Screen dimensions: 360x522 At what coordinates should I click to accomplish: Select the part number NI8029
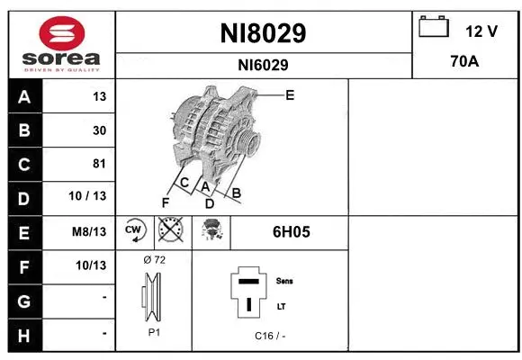coord(263,33)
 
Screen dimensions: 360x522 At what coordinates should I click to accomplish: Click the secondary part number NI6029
coord(263,65)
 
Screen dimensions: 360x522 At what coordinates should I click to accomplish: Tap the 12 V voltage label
coord(481,31)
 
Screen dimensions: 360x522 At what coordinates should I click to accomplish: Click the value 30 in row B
coord(99,130)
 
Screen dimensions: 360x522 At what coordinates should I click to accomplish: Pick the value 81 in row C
coord(99,164)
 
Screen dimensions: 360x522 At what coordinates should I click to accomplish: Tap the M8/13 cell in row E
coord(89,231)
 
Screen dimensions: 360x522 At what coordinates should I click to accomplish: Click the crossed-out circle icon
coord(170,232)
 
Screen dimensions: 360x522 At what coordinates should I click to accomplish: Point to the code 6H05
coord(291,232)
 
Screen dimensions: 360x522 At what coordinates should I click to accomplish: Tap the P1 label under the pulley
coord(153,332)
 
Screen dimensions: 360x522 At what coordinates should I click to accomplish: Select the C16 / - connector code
coord(270,336)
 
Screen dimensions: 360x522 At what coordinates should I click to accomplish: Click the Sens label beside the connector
coord(283,281)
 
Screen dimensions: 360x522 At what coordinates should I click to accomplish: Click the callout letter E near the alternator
coord(290,94)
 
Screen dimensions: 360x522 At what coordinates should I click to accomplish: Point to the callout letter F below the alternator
coord(165,202)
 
